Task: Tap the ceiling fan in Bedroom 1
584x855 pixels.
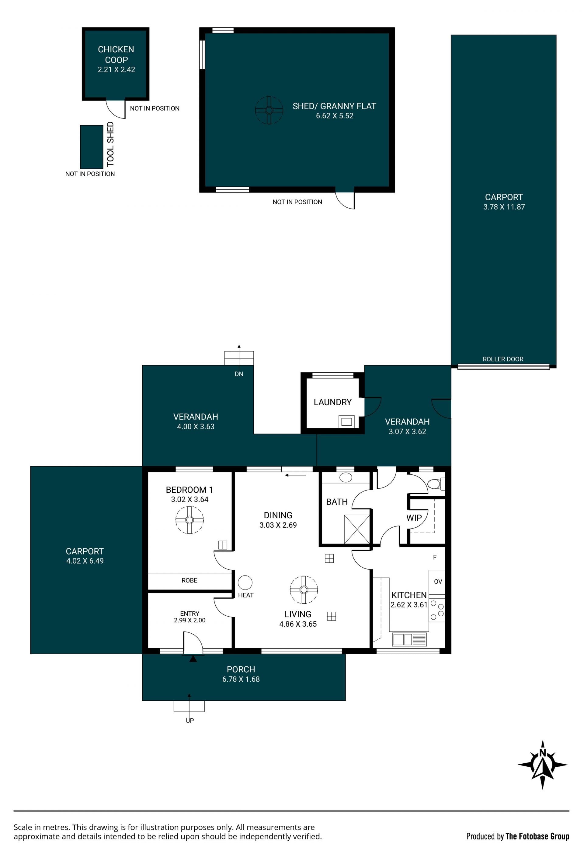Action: coord(189,520)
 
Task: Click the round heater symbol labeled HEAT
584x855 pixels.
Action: coord(245,583)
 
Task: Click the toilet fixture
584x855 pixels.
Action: coord(436,484)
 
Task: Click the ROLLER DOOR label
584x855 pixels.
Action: coord(503,359)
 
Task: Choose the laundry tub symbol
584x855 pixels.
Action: coord(346,422)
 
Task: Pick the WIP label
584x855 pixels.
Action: coord(414,518)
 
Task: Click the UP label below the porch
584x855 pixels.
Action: coord(189,720)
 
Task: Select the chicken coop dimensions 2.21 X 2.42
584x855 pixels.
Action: coord(116,69)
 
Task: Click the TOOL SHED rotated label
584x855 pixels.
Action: coord(110,144)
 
